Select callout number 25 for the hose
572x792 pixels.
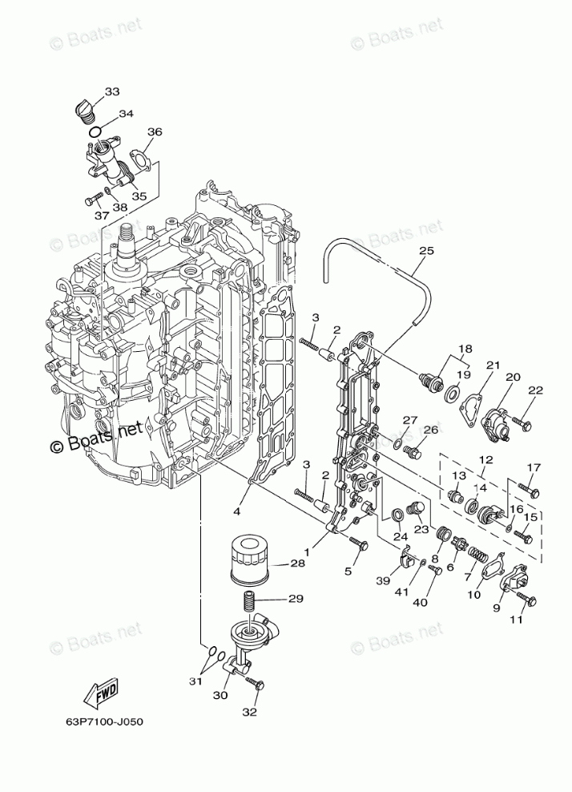(x=426, y=251)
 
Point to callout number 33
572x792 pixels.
(x=112, y=91)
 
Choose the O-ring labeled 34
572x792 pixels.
(x=95, y=131)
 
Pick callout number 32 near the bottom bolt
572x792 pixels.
(x=249, y=711)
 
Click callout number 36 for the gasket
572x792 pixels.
(x=155, y=131)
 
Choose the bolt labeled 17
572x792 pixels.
(x=527, y=487)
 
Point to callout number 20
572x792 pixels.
(x=513, y=376)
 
